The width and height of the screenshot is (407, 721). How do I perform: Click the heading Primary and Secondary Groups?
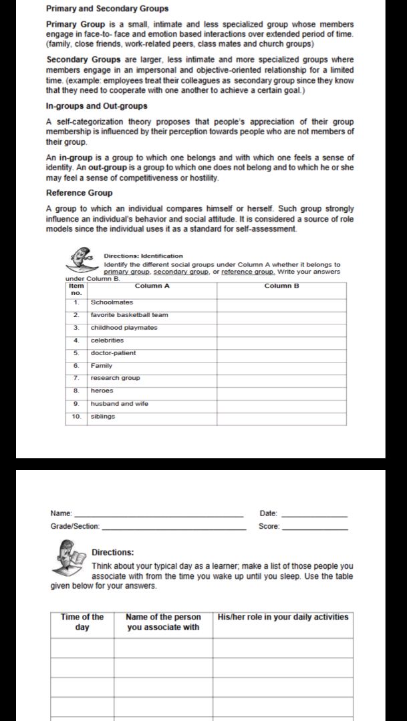coord(107,9)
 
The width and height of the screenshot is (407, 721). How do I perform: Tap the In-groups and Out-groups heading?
coord(96,106)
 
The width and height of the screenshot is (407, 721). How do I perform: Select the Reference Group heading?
coord(79,193)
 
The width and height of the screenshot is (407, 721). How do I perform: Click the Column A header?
coord(152,286)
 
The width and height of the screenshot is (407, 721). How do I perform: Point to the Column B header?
coord(281,286)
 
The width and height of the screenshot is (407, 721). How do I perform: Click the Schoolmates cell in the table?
coord(112,302)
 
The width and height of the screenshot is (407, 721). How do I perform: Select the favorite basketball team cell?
coord(129,315)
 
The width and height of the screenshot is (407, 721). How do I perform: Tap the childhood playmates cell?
coord(124,328)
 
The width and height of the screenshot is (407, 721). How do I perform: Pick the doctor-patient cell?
coord(113,353)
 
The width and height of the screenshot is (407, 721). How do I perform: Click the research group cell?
coord(115,378)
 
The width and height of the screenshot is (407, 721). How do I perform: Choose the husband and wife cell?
coord(119,404)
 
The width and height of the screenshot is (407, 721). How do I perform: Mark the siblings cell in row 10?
coord(103,417)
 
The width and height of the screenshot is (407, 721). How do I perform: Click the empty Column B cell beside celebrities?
coord(281,340)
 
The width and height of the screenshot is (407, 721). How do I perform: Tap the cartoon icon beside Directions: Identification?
coord(82,260)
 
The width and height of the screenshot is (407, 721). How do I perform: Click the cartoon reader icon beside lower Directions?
coord(69,557)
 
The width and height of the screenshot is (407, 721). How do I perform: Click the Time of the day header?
coord(82,622)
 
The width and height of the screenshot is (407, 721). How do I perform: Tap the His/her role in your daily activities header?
coord(283,618)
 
